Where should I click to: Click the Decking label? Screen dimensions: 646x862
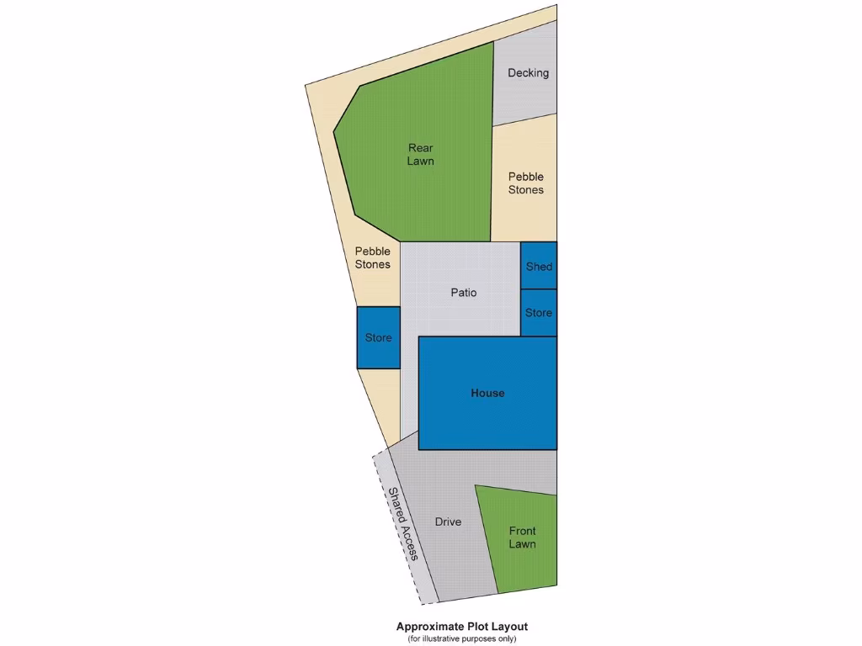(x=528, y=73)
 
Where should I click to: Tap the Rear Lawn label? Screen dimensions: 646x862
(x=420, y=154)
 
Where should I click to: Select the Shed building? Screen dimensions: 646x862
(x=539, y=266)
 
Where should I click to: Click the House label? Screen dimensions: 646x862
(x=487, y=393)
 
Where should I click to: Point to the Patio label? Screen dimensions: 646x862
(x=463, y=293)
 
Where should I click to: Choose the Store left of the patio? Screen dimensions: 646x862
(x=378, y=337)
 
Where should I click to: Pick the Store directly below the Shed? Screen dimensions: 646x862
(x=539, y=312)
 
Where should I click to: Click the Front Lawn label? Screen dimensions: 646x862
(x=522, y=537)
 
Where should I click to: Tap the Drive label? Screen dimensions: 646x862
(x=448, y=522)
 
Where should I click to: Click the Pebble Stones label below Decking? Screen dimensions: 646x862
(x=525, y=183)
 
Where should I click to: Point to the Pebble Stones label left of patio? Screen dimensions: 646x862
(x=372, y=257)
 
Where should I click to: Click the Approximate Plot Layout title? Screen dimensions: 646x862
(x=462, y=627)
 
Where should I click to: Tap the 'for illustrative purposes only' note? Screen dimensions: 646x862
(x=462, y=638)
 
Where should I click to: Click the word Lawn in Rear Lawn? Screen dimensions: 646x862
(x=420, y=161)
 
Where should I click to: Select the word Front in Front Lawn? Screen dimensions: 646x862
(x=522, y=531)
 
